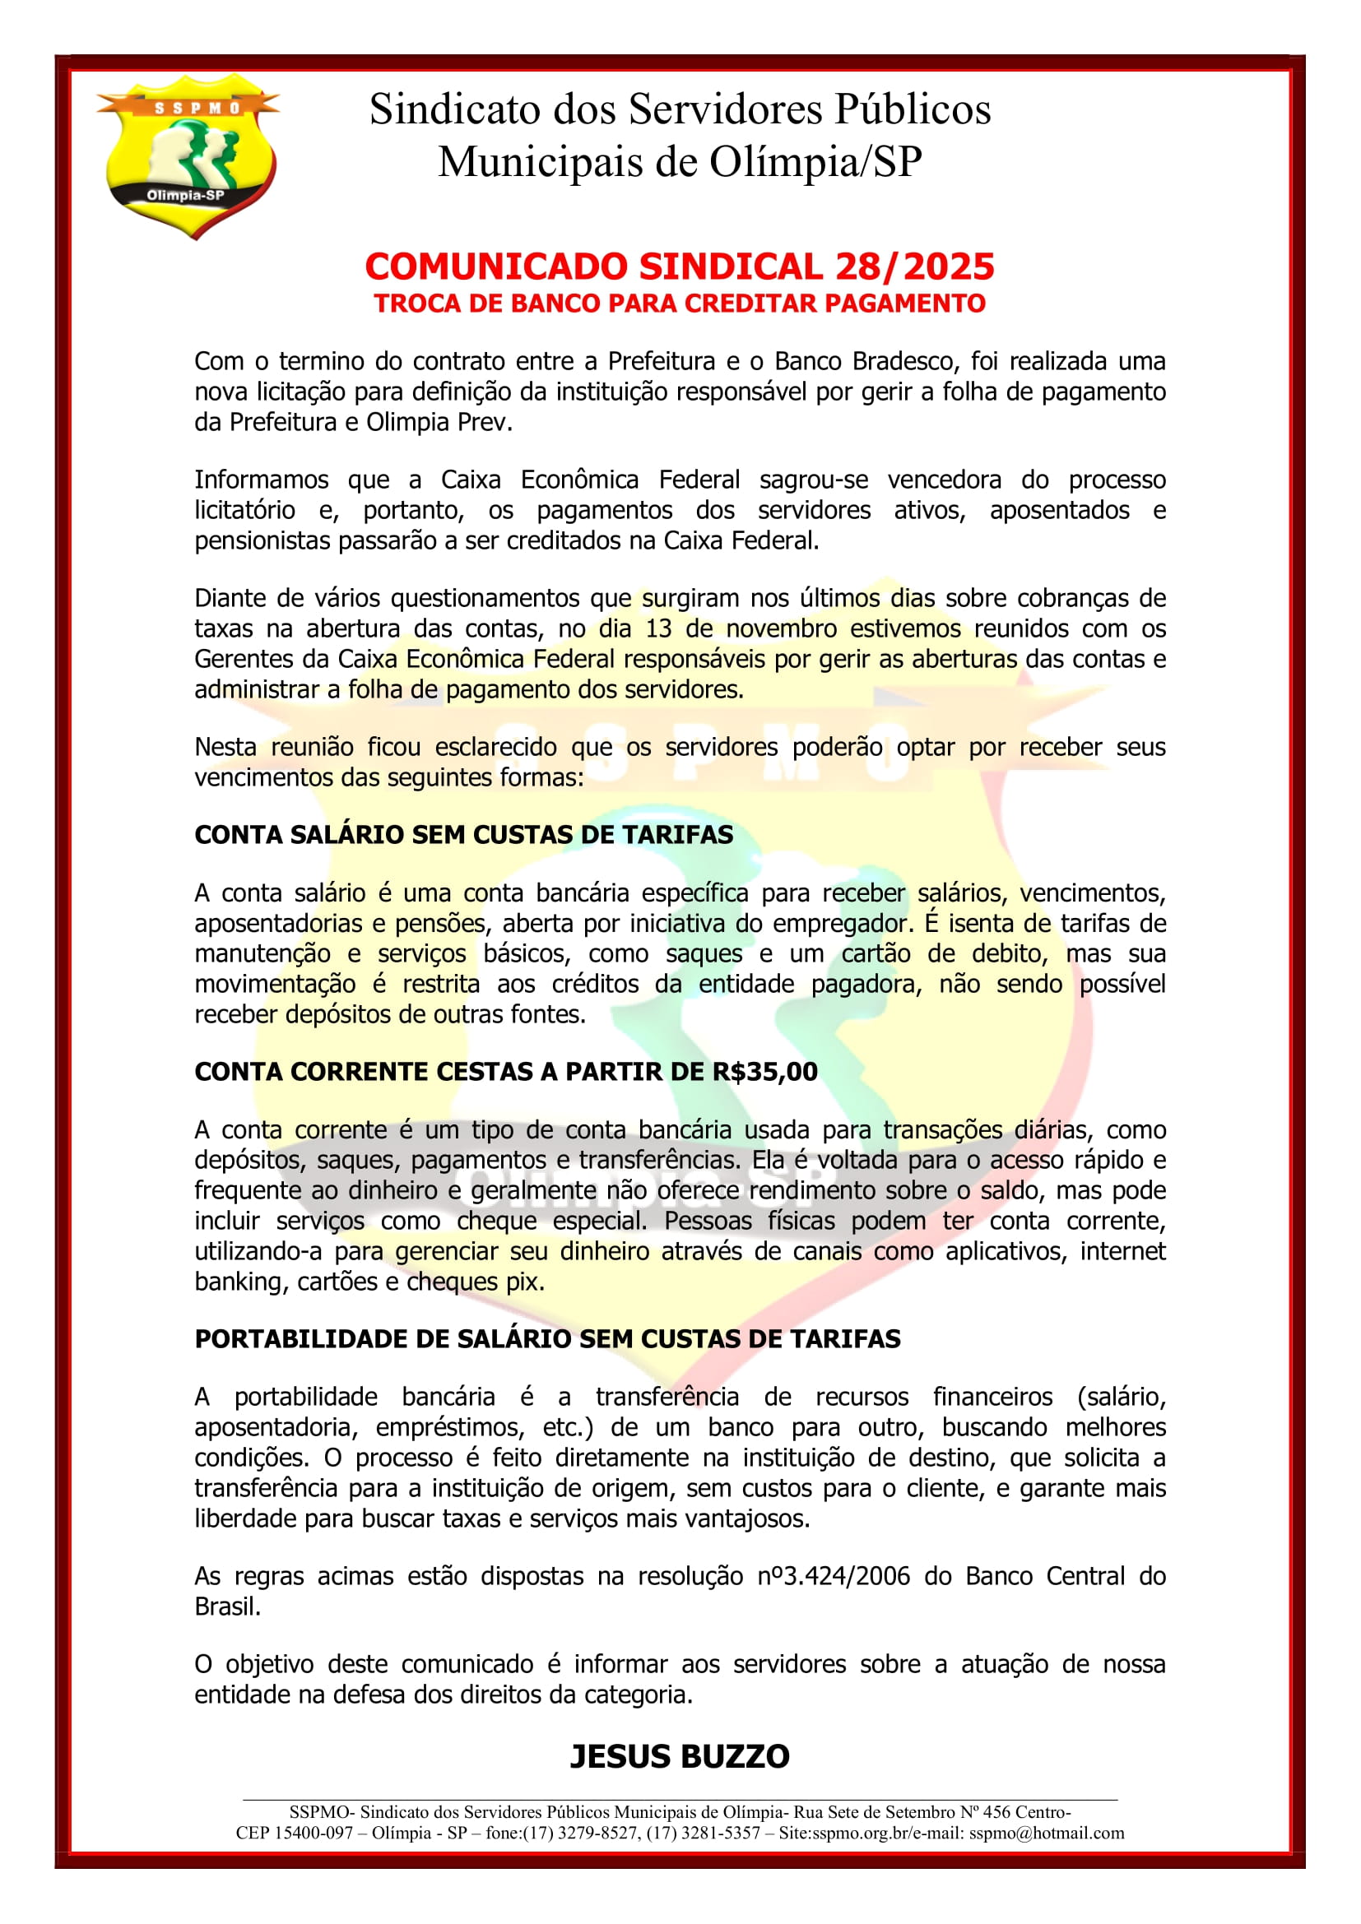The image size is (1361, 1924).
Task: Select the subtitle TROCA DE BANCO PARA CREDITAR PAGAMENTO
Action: (x=680, y=304)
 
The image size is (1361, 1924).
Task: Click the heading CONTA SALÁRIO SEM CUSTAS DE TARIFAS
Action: (x=463, y=835)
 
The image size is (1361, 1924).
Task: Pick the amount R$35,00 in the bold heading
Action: (x=765, y=1072)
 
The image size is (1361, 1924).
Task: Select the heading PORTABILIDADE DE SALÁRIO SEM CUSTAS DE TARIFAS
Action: (x=547, y=1339)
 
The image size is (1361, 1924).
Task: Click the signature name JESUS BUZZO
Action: (x=680, y=1756)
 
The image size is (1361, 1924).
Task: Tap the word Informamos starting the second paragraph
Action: (x=262, y=480)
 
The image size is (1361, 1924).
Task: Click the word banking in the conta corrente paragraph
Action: (x=238, y=1282)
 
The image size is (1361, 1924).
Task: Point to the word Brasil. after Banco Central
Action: (x=228, y=1606)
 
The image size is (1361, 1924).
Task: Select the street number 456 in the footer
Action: (x=997, y=1813)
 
